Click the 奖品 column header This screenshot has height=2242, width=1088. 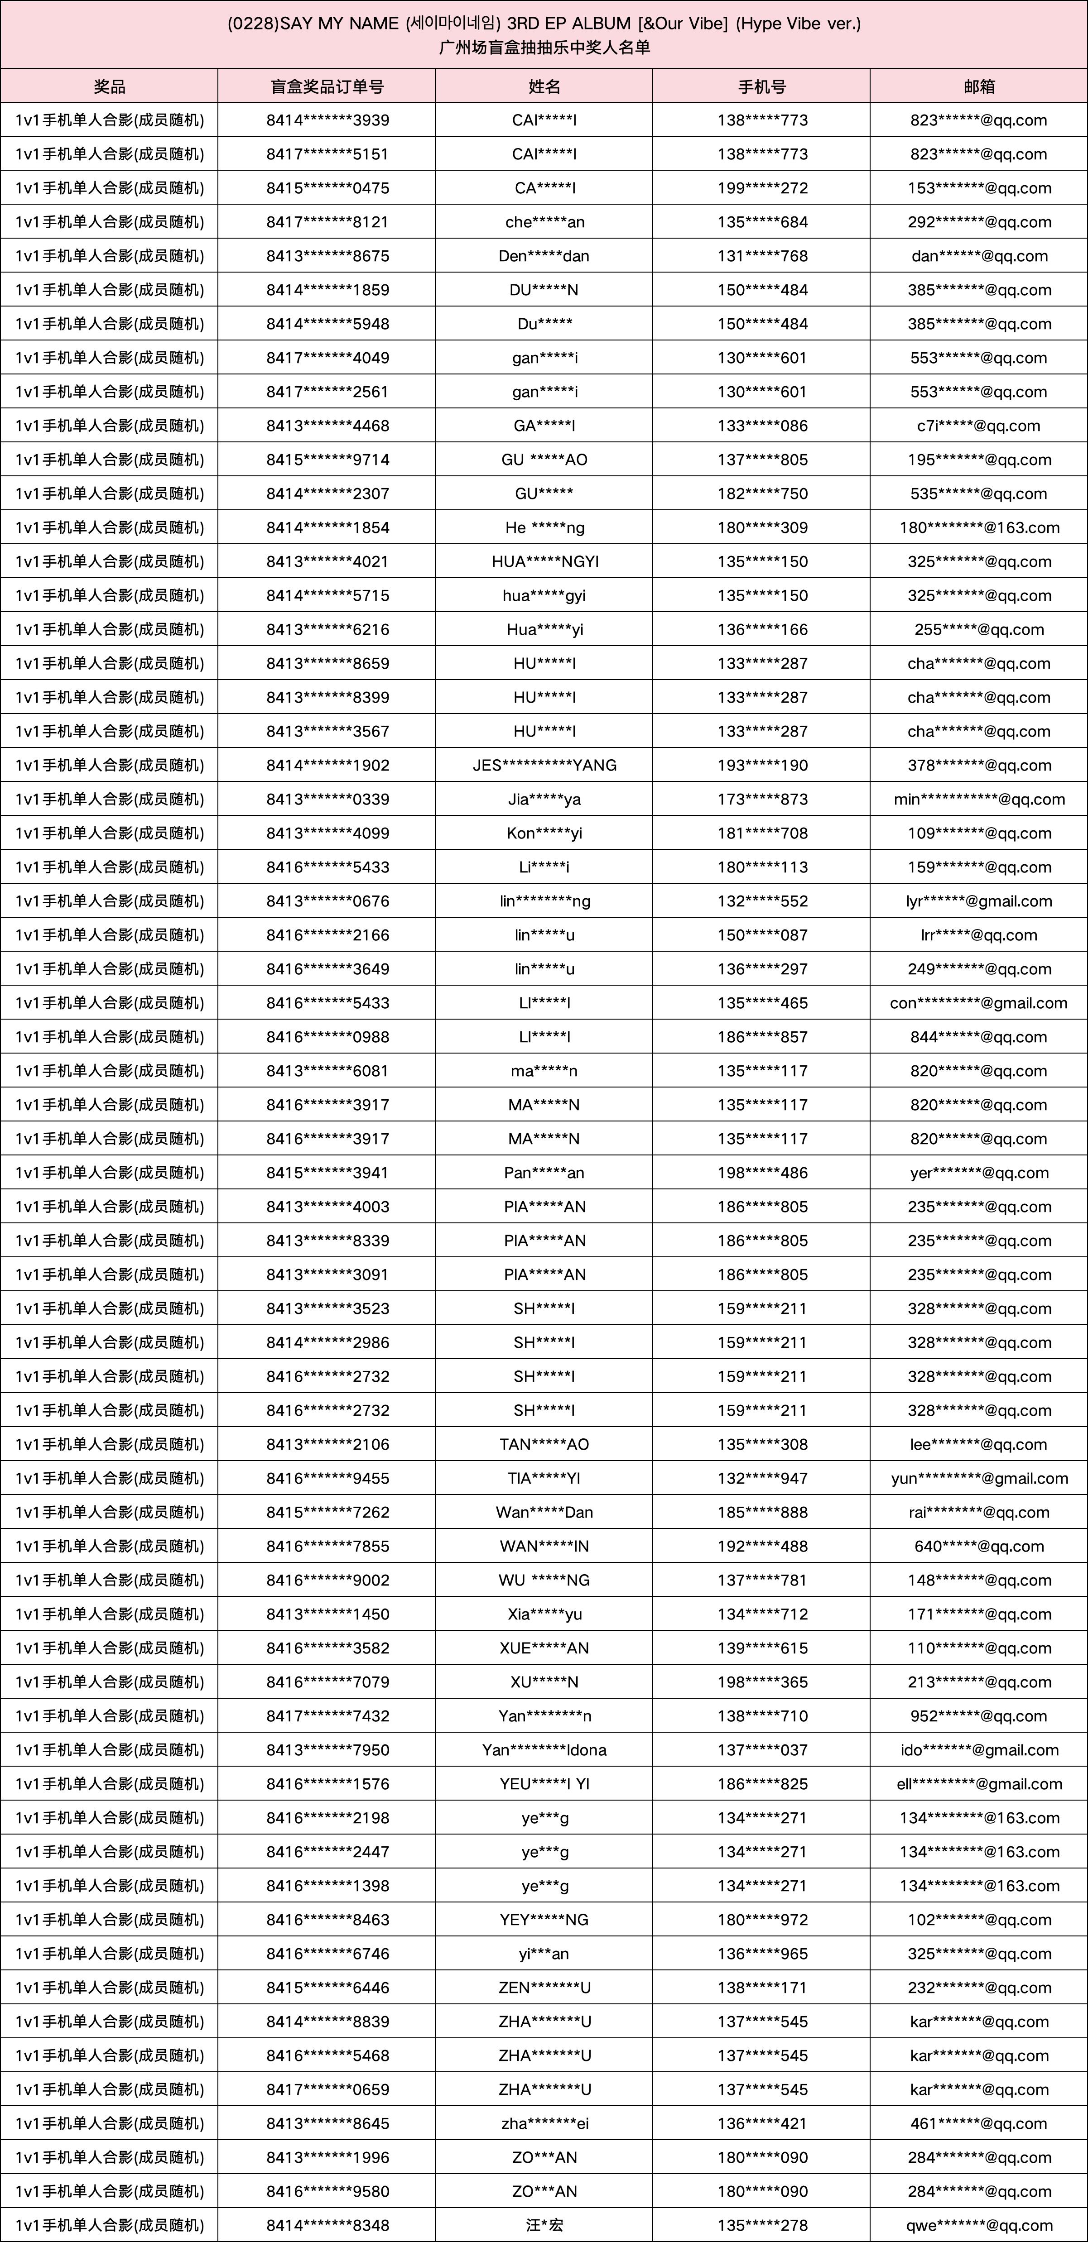tap(109, 86)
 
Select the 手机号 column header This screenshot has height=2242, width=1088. tap(761, 86)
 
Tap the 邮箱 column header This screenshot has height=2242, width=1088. tap(979, 86)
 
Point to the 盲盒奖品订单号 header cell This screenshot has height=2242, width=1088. tap(327, 86)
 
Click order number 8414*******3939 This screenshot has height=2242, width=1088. tap(327, 120)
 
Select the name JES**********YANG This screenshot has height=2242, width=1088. tap(544, 765)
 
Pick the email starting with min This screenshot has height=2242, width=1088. tap(979, 799)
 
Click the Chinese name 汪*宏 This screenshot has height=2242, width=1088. tap(544, 2225)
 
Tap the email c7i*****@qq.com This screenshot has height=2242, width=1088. tap(979, 426)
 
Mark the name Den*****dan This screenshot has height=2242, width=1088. tap(544, 256)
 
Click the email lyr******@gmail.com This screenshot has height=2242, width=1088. tap(979, 901)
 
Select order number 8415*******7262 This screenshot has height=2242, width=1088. tap(327, 1512)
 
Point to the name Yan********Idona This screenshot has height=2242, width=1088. tap(544, 1749)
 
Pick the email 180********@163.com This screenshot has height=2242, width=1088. tap(979, 527)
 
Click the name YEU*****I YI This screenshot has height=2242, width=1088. tap(544, 1783)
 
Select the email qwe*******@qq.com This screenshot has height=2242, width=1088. tap(979, 2225)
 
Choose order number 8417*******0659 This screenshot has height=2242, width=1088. tap(327, 2089)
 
